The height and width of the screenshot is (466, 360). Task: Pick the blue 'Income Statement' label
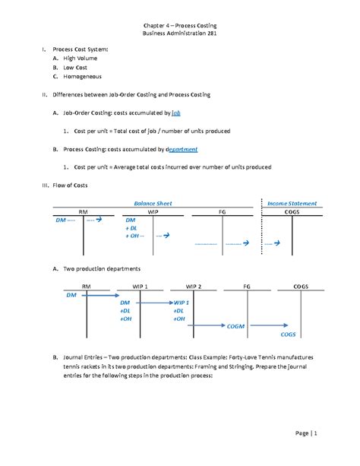click(292, 203)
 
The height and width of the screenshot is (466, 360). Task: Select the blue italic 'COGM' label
click(237, 324)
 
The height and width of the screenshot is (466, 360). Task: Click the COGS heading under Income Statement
click(292, 212)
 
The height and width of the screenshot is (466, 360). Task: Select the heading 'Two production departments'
click(103, 268)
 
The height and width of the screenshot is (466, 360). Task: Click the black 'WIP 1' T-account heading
click(141, 286)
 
